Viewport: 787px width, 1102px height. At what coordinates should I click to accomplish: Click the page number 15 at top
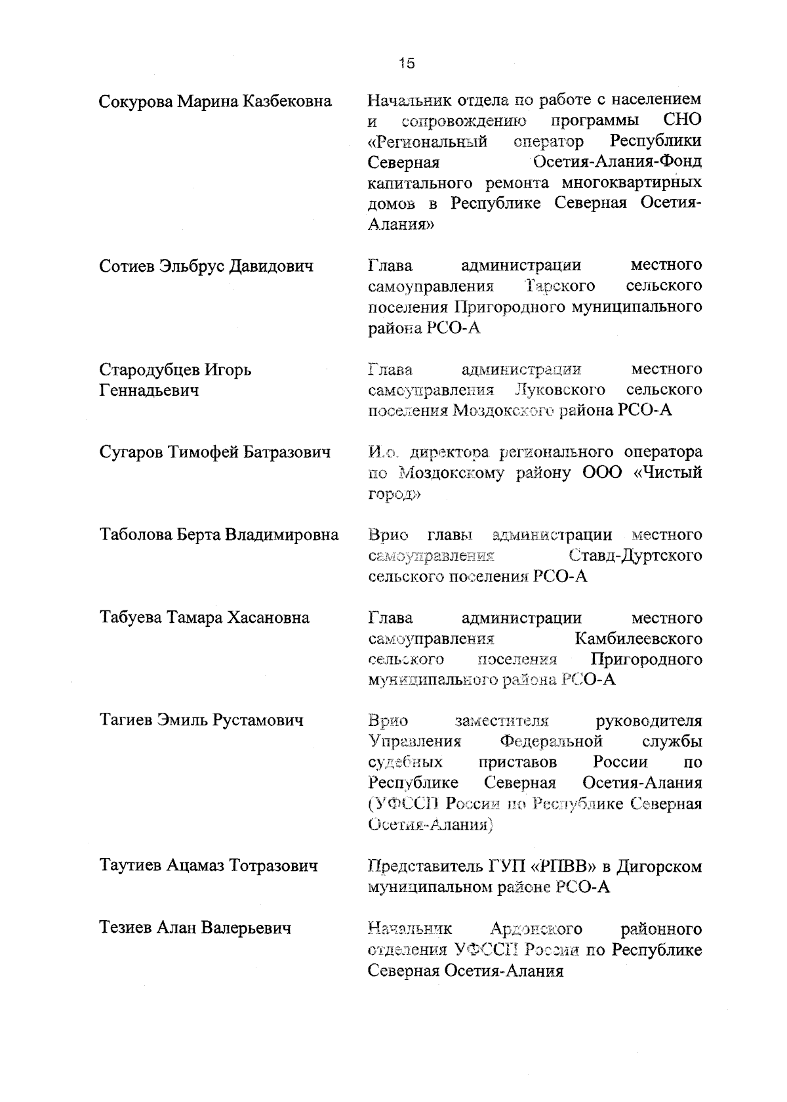pyautogui.click(x=407, y=63)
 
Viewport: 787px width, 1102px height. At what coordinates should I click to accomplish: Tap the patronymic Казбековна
pyautogui.click(x=287, y=102)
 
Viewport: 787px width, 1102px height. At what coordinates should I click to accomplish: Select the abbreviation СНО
pyautogui.click(x=682, y=121)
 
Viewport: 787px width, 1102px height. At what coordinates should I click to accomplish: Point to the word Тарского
pyautogui.click(x=561, y=286)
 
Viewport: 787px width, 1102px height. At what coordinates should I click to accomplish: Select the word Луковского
pyautogui.click(x=561, y=391)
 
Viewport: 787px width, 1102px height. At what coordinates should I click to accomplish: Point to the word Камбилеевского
pyautogui.click(x=638, y=639)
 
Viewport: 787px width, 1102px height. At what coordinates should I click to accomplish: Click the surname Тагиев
pyautogui.click(x=127, y=721)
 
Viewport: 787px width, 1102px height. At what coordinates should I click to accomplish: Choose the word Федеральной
pyautogui.click(x=551, y=742)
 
